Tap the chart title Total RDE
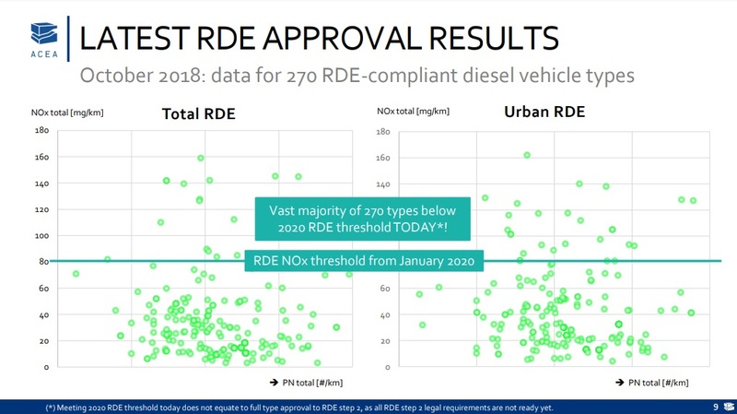pos(198,114)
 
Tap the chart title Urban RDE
pos(544,112)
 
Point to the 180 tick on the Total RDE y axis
pos(41,131)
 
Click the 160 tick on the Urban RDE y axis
pos(383,158)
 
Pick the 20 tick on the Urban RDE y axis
pos(385,341)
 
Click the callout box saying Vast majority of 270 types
pos(362,219)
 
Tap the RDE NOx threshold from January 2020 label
pos(363,261)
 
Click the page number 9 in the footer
pos(716,406)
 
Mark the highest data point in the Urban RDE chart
pos(527,155)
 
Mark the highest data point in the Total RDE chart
pos(201,159)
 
